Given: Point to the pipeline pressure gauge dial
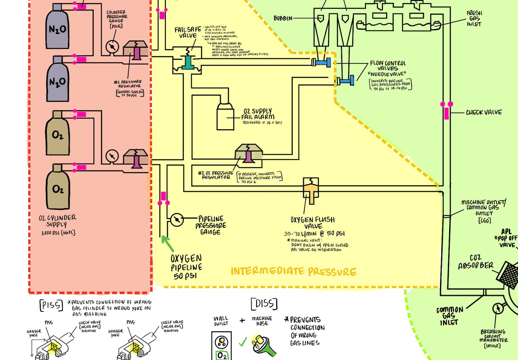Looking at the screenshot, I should [177, 220].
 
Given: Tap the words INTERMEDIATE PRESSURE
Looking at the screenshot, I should [294, 271].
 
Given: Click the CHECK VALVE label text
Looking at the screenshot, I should [484, 113].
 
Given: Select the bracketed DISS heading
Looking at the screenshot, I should [264, 304].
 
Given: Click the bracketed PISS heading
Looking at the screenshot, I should [51, 305].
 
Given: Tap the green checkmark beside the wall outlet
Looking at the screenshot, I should [243, 342].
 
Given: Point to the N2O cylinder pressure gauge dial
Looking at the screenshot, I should [112, 47].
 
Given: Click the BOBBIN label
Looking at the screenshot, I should [283, 19].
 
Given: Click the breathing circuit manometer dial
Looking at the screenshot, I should [498, 308].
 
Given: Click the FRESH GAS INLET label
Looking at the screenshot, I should [474, 19].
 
